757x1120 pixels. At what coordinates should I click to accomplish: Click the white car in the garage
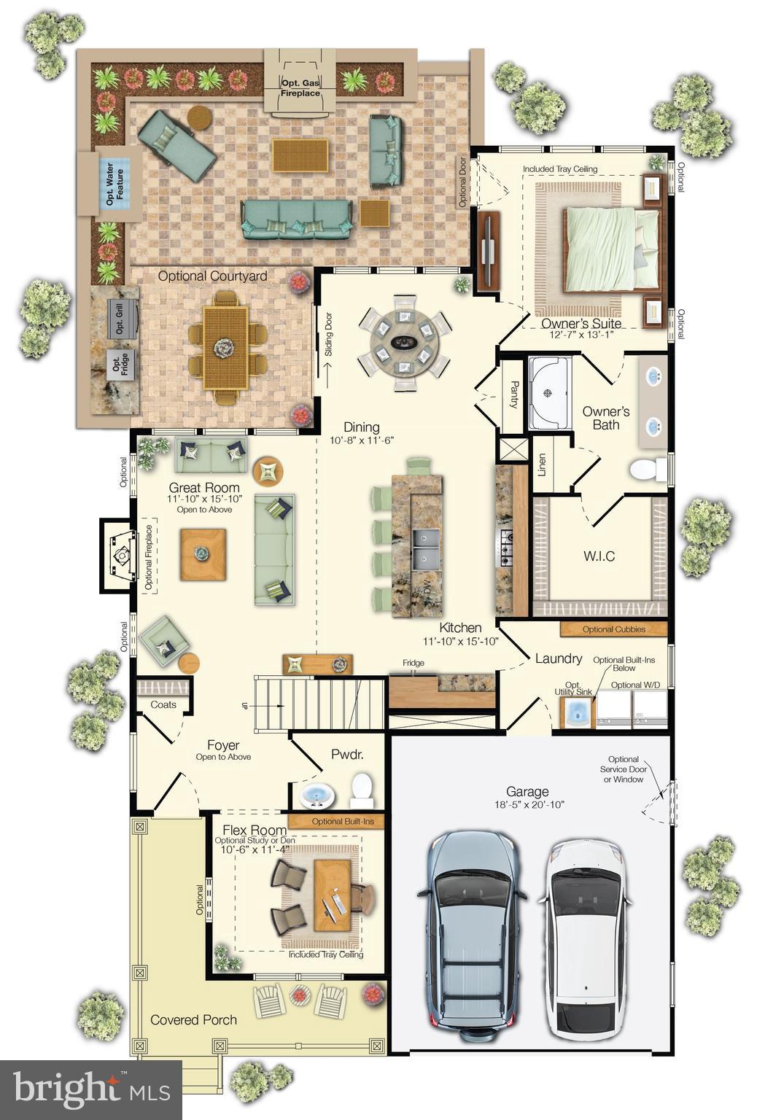click(x=584, y=940)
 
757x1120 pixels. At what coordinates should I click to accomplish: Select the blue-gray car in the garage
click(x=471, y=938)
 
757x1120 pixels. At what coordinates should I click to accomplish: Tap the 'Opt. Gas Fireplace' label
click(x=301, y=88)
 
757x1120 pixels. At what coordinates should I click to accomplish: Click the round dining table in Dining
click(x=403, y=341)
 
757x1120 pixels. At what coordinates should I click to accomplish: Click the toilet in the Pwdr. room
click(x=362, y=791)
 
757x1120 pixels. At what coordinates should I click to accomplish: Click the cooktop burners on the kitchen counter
click(x=505, y=548)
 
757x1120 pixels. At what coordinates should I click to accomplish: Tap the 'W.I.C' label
click(x=599, y=556)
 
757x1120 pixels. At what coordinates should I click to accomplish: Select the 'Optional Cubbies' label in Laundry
click(x=613, y=629)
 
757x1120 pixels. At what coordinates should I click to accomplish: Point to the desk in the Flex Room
click(x=332, y=895)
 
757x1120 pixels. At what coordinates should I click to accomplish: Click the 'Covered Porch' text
click(x=193, y=1019)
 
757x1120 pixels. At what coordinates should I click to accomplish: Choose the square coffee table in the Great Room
click(x=203, y=554)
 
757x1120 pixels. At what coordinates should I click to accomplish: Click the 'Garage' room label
click(x=527, y=791)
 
